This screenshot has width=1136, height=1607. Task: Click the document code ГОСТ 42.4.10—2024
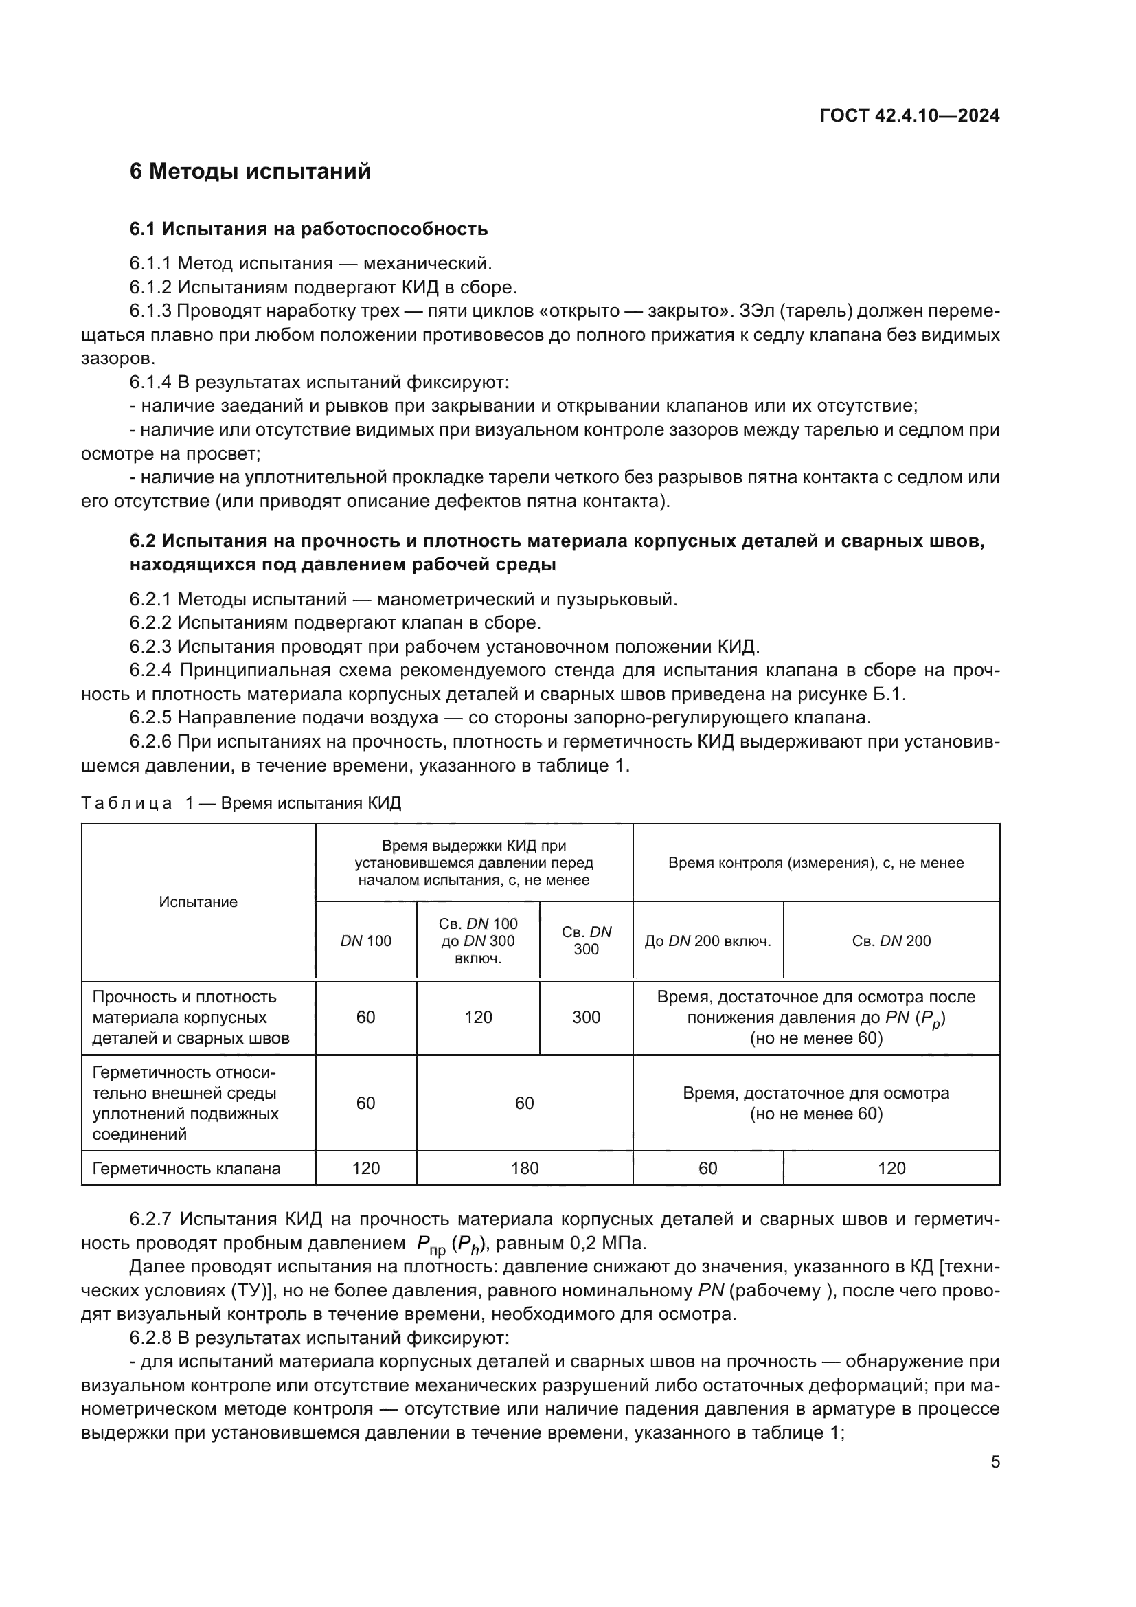click(909, 116)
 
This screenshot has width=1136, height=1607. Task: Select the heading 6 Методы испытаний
click(250, 172)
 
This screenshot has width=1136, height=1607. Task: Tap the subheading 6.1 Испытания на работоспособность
click(308, 229)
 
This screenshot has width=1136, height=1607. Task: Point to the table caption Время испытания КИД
click(310, 802)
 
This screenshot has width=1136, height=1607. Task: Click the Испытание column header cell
click(198, 901)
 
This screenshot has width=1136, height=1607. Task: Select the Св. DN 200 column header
click(891, 941)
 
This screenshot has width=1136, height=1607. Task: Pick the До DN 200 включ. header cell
click(707, 941)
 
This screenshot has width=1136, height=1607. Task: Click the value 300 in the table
click(585, 1017)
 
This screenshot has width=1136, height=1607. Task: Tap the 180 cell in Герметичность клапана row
click(524, 1167)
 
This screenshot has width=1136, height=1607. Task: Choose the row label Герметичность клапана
click(186, 1167)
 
